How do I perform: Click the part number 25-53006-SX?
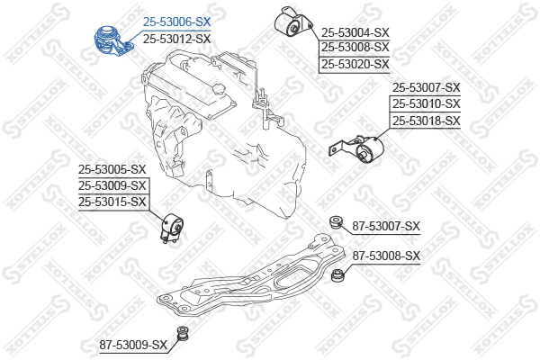point(176,21)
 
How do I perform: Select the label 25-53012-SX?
point(176,39)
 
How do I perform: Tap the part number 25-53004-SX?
point(355,31)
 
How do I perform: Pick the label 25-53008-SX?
point(355,47)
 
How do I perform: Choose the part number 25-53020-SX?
point(355,64)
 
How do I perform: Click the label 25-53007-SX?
point(426,87)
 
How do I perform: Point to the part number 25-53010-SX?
point(426,103)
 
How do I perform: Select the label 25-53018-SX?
point(426,121)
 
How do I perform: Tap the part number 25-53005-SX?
point(112,168)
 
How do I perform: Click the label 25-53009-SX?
point(112,185)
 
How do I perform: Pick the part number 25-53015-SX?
point(112,202)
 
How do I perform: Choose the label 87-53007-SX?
point(386,226)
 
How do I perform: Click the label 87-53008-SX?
point(386,256)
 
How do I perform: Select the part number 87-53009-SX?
point(134,345)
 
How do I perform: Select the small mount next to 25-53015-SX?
point(172,229)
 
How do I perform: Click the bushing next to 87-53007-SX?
point(337,221)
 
